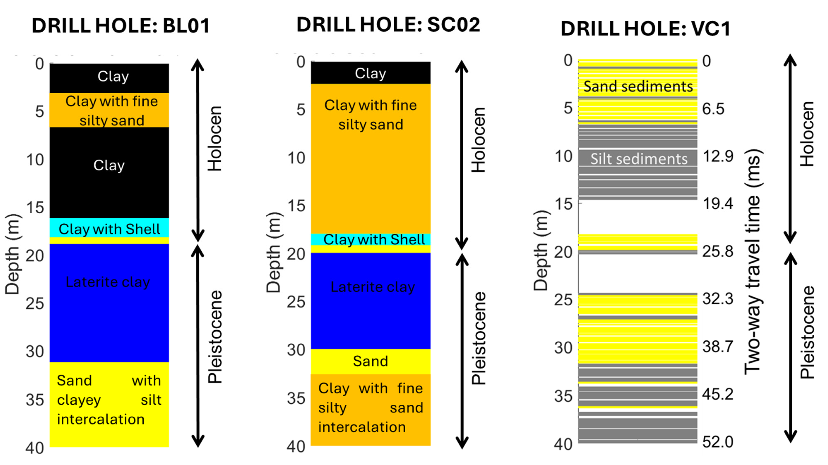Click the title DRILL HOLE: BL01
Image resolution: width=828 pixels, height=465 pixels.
pos(121,26)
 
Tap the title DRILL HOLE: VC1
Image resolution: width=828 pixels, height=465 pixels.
pos(645,29)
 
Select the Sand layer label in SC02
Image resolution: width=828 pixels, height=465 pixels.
pos(370,361)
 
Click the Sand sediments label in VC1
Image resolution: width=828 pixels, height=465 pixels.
pos(638,86)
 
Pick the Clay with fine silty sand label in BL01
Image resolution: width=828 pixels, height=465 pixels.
pos(112,111)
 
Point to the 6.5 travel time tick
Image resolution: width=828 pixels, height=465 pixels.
pos(713,109)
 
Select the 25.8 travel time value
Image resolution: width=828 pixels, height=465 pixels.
pos(718,251)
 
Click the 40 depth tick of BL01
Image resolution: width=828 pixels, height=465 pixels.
pos(35,448)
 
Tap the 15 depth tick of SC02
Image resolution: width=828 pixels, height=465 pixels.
pos(296,206)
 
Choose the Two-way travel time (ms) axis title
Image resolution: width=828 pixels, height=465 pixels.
pos(753,262)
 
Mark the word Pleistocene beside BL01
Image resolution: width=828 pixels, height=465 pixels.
pos(215,337)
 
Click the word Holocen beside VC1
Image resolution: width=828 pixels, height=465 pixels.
pos(807,134)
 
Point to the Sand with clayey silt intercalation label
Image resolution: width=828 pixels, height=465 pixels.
pos(109,400)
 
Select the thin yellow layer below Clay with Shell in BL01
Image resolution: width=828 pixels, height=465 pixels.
pos(109,240)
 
